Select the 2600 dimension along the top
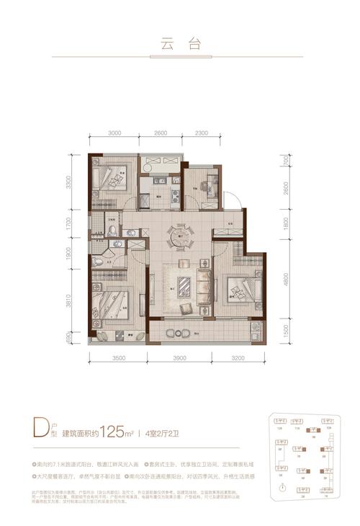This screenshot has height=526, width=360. pos(160,132)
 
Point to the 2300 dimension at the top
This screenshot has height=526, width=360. pos(202,132)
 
